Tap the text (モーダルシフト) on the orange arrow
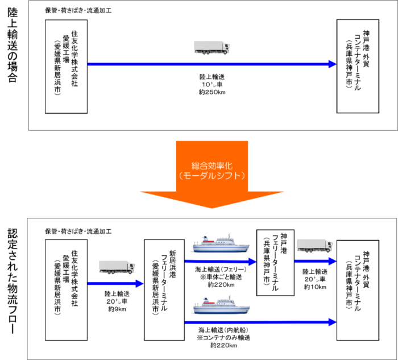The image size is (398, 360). (212, 176)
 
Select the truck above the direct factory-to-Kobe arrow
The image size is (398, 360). (212, 47)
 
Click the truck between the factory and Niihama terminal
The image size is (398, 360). (117, 267)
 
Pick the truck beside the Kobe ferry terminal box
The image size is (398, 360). (314, 245)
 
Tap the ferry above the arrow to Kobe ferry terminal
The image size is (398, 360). (219, 242)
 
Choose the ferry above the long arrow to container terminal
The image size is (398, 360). (219, 305)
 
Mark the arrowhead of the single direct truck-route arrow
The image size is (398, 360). (333, 64)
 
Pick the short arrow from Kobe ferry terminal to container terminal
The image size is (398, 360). (316, 262)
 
